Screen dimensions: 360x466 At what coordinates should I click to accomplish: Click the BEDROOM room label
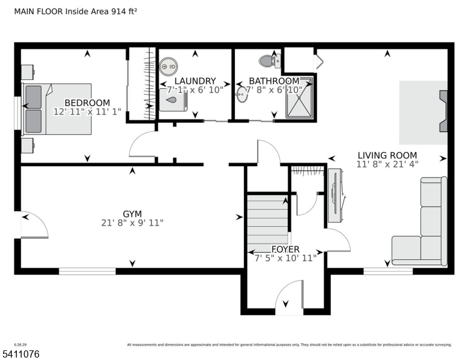87,103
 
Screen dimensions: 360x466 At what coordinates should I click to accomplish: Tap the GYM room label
132,214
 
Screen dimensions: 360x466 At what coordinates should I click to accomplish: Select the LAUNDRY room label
195,81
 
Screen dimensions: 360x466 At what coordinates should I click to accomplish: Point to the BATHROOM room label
274,81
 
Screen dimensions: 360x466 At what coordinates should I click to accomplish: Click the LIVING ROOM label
387,154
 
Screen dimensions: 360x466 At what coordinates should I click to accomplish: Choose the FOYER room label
286,250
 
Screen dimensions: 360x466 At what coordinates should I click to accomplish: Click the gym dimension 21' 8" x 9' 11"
132,223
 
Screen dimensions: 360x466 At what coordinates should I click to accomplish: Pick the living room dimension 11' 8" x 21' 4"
387,163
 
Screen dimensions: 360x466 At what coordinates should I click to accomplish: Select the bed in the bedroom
57,109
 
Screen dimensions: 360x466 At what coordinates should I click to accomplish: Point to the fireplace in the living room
443,111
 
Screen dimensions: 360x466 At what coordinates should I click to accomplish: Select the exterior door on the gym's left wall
33,225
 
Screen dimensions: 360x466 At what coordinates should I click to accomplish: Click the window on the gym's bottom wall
87,271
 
